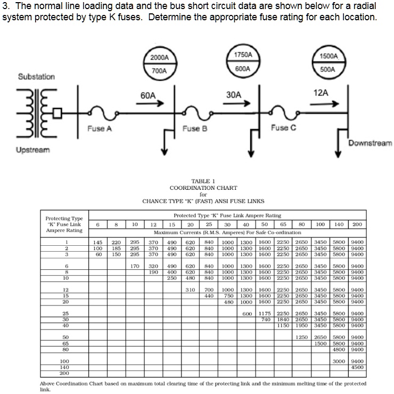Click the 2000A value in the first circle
pyautogui.click(x=159, y=57)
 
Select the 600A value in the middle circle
pyautogui.click(x=243, y=68)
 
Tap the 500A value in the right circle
pyautogui.click(x=328, y=69)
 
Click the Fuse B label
pyautogui.click(x=195, y=128)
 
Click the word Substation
pyautogui.click(x=36, y=77)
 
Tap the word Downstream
pyautogui.click(x=371, y=143)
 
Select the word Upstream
pyautogui.click(x=33, y=150)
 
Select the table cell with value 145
pyautogui.click(x=96, y=243)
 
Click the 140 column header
pyautogui.click(x=339, y=224)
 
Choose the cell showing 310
pyautogui.click(x=190, y=290)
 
